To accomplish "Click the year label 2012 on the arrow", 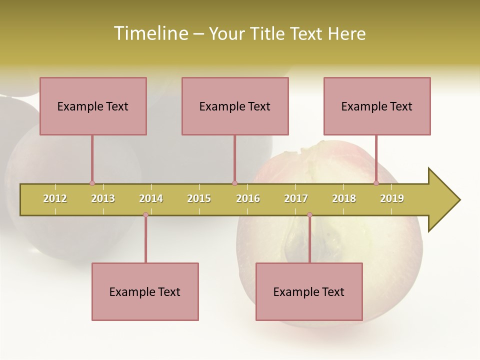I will tap(55, 198).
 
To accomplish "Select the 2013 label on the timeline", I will tap(103, 198).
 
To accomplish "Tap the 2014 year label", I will tap(151, 198).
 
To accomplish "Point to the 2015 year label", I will tap(199, 198).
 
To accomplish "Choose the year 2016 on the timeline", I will tap(248, 198).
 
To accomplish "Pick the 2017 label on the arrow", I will tap(296, 198).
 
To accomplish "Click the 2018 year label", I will tap(344, 198).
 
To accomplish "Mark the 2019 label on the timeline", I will tap(392, 198).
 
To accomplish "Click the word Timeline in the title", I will tap(150, 33).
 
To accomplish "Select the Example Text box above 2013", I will tap(93, 106).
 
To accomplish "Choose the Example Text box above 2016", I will tap(235, 106).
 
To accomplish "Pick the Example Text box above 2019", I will tap(377, 106).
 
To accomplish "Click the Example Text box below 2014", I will tap(145, 291).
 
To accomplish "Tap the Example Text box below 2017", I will tap(309, 291).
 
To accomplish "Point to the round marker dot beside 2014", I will tap(145, 215).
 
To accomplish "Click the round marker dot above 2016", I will tap(234, 183).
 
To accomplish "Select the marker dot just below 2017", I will tap(309, 215).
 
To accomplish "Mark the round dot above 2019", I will tap(376, 183).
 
